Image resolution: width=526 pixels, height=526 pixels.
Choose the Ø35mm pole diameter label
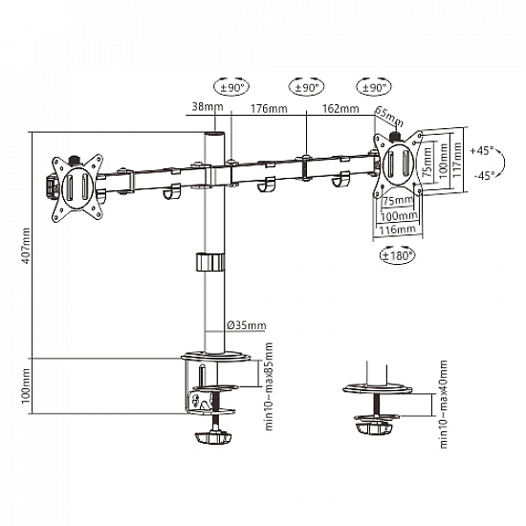click(x=243, y=323)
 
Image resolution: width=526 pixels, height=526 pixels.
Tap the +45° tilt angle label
click(x=485, y=150)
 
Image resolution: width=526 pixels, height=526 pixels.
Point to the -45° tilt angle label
click(x=485, y=175)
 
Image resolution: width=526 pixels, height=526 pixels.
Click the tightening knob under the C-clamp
click(x=213, y=437)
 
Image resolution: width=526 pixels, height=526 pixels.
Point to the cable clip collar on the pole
click(x=209, y=261)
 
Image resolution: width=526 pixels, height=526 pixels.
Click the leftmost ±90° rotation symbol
click(x=229, y=87)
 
